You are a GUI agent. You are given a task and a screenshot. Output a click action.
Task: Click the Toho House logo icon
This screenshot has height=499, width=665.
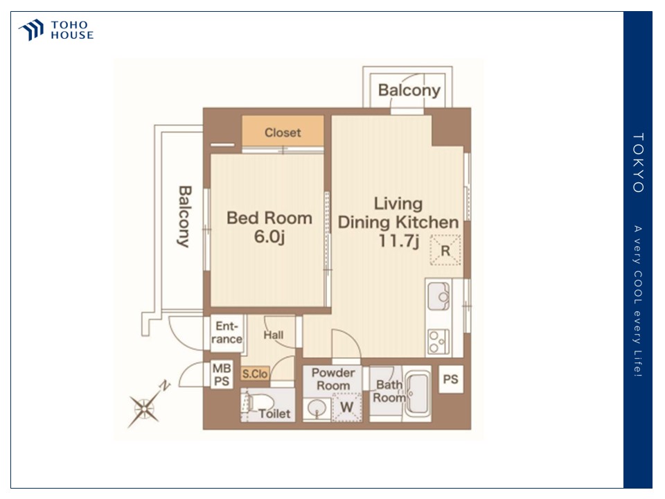(31, 30)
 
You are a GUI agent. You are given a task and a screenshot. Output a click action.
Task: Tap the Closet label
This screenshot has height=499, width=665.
(283, 133)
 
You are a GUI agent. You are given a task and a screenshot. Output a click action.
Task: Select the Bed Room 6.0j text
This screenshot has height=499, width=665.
(269, 227)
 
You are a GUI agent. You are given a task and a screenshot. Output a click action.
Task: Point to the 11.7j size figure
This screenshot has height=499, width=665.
(399, 241)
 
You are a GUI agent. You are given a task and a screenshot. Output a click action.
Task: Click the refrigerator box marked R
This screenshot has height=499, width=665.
(445, 250)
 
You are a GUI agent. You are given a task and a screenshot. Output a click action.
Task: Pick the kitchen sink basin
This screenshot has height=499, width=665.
(439, 296)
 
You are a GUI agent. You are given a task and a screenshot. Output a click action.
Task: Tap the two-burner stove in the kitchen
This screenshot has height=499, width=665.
(438, 342)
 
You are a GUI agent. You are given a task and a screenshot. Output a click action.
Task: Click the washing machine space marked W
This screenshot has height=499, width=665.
(346, 408)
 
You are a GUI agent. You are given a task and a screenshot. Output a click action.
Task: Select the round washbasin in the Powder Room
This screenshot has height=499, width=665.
(317, 410)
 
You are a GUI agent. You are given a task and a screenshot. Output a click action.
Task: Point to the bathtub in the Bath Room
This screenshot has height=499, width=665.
(418, 394)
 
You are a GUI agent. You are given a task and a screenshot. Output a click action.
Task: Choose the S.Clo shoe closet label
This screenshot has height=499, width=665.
(255, 374)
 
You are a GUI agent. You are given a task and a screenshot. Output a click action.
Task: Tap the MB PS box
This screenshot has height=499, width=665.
(222, 375)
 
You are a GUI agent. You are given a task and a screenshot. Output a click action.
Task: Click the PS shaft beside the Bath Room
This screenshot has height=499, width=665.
(450, 379)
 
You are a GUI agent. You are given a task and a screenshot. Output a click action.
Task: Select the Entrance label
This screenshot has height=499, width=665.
(227, 333)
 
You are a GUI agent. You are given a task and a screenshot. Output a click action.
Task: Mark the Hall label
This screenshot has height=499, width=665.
(273, 335)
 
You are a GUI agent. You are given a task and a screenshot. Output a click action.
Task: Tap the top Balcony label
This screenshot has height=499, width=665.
(409, 90)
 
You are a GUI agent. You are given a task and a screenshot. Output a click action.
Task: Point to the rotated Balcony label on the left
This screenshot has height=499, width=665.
(184, 216)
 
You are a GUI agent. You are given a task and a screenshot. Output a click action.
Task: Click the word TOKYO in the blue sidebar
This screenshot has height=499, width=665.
(638, 163)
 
